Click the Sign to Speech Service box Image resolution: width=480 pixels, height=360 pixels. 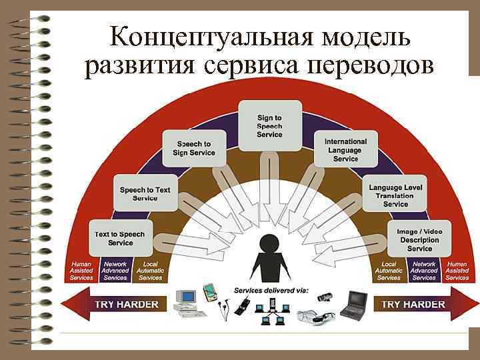coord(269,126)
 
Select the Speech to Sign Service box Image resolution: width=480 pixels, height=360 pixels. coord(194,148)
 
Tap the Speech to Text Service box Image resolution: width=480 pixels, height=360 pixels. coord(145,193)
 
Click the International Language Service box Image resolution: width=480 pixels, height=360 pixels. coord(345,150)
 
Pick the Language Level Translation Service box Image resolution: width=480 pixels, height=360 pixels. coord(395,195)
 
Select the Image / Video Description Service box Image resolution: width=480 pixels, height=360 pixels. coord(419,239)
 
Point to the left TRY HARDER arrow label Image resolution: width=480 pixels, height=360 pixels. coord(127,305)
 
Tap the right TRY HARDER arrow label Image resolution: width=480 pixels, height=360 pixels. coord(413,305)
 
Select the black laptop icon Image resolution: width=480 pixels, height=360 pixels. coord(353,304)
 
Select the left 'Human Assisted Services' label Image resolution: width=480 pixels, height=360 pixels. coord(81,271)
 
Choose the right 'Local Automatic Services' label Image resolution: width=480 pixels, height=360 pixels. coord(389,271)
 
